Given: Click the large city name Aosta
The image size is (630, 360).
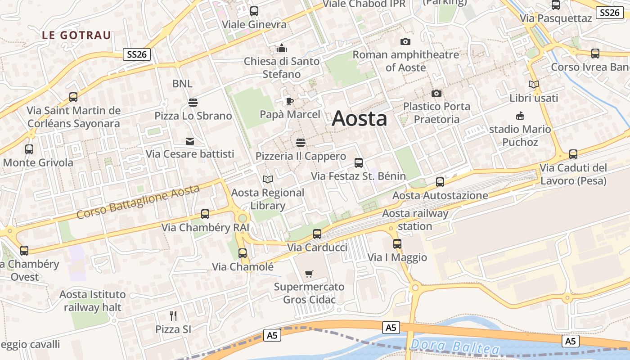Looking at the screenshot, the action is pos(359,119).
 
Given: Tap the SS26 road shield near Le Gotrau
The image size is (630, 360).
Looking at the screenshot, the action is pos(137,55).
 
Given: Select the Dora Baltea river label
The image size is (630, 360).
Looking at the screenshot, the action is pos(455,346).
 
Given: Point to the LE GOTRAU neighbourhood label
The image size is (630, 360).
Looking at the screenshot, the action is pos(76,35).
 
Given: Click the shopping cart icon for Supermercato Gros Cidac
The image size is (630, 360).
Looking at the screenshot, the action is pos(309,274).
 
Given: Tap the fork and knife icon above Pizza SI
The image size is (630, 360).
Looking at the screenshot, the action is pos(173,315).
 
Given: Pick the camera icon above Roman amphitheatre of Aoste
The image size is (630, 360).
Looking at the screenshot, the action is pos(405,42).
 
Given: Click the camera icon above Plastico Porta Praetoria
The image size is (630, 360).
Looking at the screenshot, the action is pos(436,94).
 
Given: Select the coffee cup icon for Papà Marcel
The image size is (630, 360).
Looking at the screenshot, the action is pos(290,101).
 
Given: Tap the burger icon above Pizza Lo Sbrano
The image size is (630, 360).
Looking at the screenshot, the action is pos(193,103).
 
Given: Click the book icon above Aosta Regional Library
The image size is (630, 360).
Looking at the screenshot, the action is pos(268,179).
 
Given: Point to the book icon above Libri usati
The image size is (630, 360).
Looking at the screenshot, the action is pos(534,84).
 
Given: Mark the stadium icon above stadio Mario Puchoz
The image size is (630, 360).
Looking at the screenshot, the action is pos(520,116).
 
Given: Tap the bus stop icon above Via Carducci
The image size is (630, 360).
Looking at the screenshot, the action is pos(317,234).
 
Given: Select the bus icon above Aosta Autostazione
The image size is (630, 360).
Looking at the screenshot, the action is pos(440,182).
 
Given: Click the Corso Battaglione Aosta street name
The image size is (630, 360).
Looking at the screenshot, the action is pos(138,202).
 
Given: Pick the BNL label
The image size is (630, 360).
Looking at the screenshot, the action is pos(182,84).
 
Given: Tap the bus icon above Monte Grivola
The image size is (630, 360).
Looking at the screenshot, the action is pos(29,149).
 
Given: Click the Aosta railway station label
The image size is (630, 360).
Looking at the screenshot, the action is pos(415,220).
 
